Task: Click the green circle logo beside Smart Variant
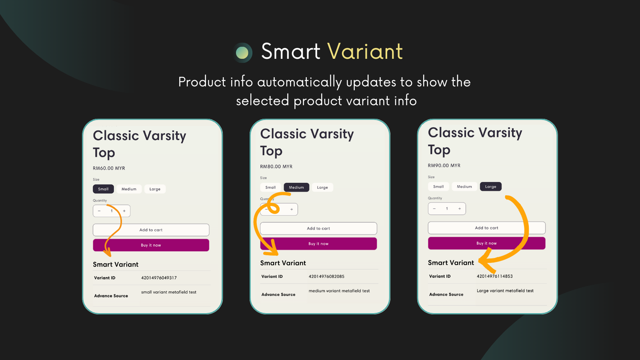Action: coord(242,52)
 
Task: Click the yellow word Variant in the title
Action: coord(365,52)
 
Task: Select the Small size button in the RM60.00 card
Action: coord(103,189)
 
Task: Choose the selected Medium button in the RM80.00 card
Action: coord(296,188)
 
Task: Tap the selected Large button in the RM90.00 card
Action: coord(490,187)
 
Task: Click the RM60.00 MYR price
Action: coord(109,168)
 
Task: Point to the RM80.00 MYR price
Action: coord(276,167)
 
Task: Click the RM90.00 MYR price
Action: coord(444,166)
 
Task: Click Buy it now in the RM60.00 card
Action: coord(151,245)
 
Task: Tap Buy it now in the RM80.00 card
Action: coord(318,244)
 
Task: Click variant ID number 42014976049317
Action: coord(159,278)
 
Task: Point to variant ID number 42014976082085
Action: coord(326,276)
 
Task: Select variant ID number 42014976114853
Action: coord(494,276)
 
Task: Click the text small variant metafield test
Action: coord(169,292)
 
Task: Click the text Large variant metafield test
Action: coord(505,291)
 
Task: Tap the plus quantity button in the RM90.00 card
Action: coord(460,209)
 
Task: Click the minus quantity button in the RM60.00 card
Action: coord(99,211)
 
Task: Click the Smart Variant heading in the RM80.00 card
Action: coord(283,263)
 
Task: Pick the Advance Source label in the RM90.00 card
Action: coord(446,294)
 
